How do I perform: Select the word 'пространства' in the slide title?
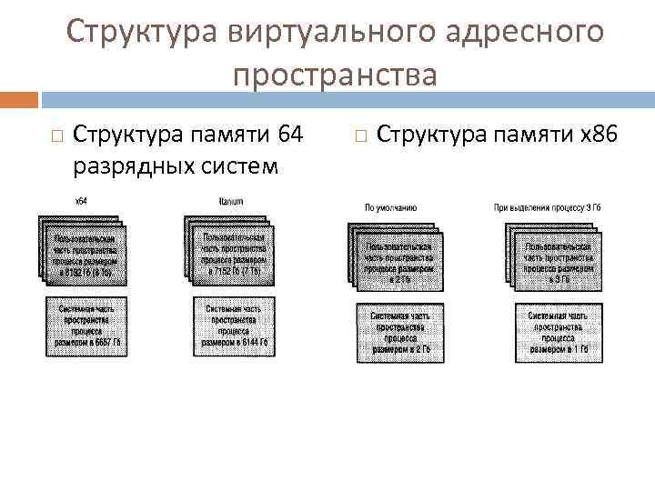tap(335, 75)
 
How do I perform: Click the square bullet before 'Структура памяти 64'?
tap(55, 137)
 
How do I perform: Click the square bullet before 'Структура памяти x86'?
tap(359, 137)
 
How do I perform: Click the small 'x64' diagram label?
tap(81, 200)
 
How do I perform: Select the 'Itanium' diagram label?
tap(231, 200)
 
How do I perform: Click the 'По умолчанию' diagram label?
tap(391, 207)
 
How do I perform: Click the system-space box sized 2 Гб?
tap(400, 332)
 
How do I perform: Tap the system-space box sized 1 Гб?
tap(558, 332)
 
